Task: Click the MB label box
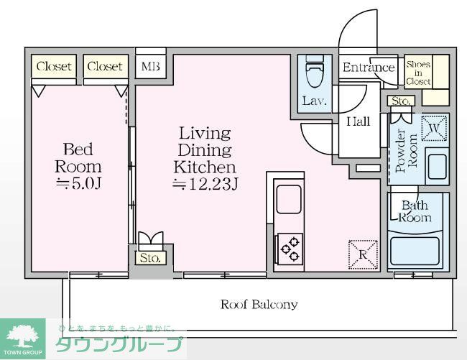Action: [151, 67]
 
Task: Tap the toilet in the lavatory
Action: [314, 73]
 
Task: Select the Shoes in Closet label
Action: [418, 73]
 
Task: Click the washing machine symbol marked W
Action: [435, 129]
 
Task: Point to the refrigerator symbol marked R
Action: [363, 254]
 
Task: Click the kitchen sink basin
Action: [289, 199]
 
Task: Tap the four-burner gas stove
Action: [290, 249]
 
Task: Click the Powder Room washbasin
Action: [436, 166]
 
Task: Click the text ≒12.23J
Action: [205, 185]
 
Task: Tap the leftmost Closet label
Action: [55, 66]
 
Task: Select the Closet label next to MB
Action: [105, 66]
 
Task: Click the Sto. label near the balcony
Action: [149, 257]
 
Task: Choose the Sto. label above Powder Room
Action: [400, 101]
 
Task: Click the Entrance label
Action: [369, 68]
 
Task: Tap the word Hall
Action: [358, 121]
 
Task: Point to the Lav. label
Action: [314, 101]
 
